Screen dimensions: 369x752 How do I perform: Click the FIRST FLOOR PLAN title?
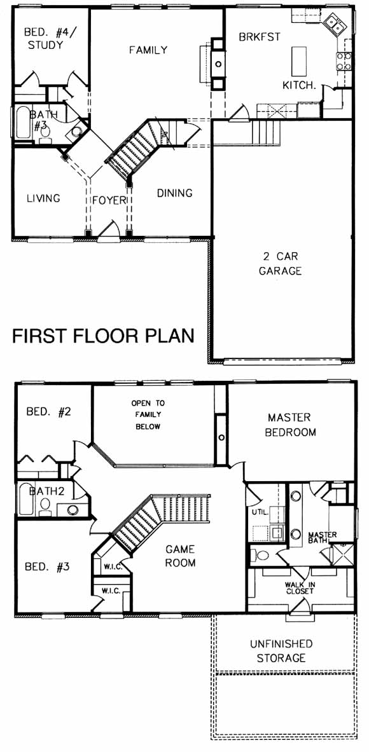102,336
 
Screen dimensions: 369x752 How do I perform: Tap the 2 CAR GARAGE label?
280,263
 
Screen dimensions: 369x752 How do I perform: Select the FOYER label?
108,200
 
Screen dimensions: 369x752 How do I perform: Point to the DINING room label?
175,193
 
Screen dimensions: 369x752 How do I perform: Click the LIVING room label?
43,198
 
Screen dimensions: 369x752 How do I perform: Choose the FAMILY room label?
148,50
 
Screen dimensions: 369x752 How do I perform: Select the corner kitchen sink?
335,24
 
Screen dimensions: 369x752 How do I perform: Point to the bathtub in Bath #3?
22,123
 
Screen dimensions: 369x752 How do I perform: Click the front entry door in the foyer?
109,230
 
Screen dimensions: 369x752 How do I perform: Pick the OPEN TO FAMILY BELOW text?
148,415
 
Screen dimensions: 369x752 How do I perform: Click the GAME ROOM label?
181,556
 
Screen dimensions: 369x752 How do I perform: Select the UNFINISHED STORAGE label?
281,651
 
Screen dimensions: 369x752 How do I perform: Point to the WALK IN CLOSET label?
299,588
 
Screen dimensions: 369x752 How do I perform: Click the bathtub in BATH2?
25,499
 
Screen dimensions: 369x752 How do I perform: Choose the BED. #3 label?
47,567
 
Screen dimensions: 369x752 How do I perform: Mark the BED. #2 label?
48,412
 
